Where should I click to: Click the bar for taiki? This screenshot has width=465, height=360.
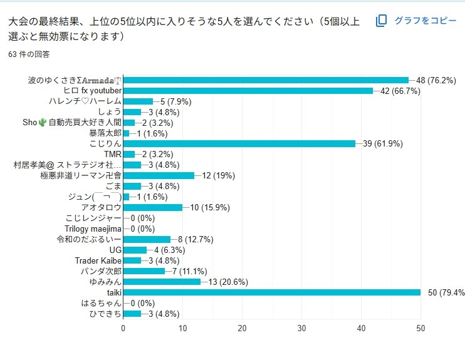[x=272, y=292]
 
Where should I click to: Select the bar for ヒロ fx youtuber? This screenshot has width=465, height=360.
[x=248, y=91]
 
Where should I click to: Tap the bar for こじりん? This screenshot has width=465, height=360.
[x=239, y=144]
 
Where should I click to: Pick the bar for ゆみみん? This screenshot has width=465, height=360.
[x=162, y=282]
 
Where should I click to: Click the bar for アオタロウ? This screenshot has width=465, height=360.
[x=153, y=207]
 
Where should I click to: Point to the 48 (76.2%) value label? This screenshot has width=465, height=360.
[x=436, y=80]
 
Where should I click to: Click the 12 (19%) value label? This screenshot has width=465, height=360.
[x=219, y=176]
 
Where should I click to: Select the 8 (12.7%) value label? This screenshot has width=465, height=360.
[x=196, y=239]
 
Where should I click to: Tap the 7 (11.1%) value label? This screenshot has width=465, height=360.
[x=190, y=271]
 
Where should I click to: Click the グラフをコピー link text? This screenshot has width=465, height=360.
[x=426, y=21]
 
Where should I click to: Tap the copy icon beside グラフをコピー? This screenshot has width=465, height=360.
[x=382, y=21]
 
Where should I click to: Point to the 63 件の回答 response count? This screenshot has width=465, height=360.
[x=29, y=54]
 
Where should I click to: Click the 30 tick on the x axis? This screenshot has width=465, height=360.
[x=301, y=328]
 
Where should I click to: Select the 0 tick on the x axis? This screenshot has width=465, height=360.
[x=123, y=328]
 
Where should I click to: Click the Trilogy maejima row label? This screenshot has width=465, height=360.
[x=93, y=229]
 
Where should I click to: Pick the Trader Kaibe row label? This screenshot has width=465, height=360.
[x=98, y=260]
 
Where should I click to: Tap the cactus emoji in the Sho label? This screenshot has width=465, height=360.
[x=43, y=122]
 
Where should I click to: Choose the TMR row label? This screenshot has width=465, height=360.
[x=113, y=155]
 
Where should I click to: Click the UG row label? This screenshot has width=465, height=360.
[x=115, y=250]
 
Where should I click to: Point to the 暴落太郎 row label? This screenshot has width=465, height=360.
[x=105, y=133]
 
